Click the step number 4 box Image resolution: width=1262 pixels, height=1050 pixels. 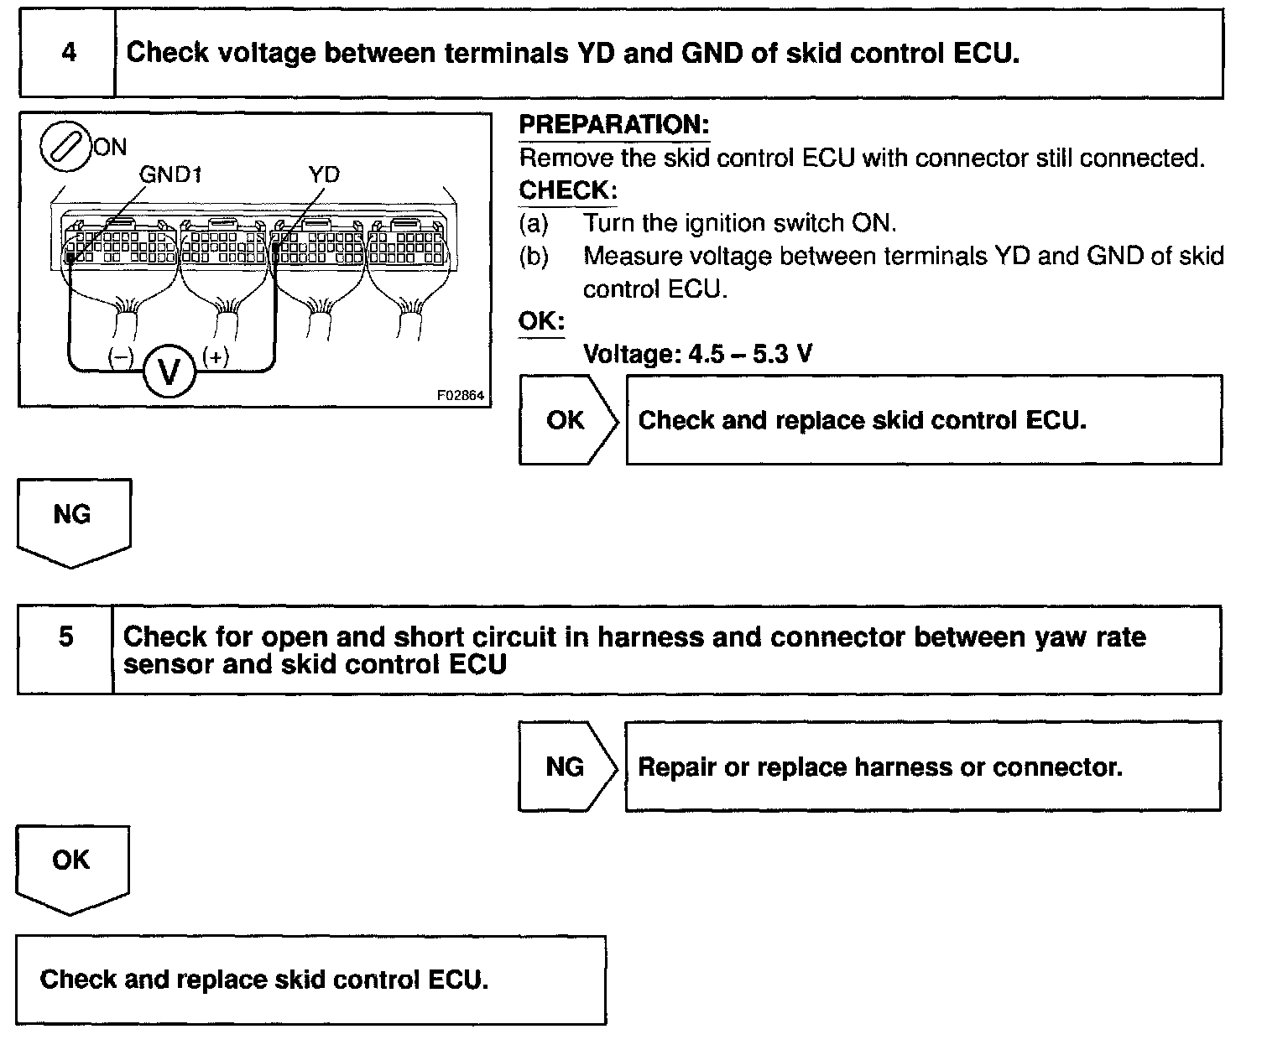pyautogui.click(x=67, y=54)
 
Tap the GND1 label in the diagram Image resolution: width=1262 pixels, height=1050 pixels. pyautogui.click(x=170, y=174)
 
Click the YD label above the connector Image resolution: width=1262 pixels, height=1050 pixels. pyautogui.click(x=323, y=174)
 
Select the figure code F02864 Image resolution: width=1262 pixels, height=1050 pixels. pyautogui.click(x=461, y=395)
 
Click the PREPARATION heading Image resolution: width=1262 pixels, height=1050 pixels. pyautogui.click(x=613, y=125)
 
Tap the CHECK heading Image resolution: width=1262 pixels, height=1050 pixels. pyautogui.click(x=567, y=190)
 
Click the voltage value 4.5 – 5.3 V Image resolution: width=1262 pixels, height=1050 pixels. pyautogui.click(x=750, y=354)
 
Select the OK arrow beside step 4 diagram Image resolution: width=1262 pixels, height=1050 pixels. pyautogui.click(x=567, y=419)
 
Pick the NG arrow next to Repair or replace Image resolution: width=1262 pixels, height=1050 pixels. pyautogui.click(x=566, y=766)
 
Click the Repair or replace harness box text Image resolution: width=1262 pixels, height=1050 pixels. pyautogui.click(x=879, y=767)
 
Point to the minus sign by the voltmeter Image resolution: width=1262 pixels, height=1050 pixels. pyautogui.click(x=121, y=357)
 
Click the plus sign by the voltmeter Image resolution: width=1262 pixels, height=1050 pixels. pyautogui.click(x=216, y=357)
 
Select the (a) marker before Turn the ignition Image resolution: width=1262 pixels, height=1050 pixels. pyautogui.click(x=534, y=223)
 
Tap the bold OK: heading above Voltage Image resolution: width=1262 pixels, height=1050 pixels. pyautogui.click(x=541, y=322)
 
